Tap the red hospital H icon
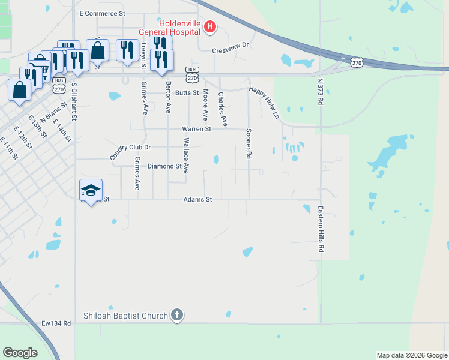point(209,26)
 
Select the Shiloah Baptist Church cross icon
point(176,314)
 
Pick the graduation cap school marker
point(91,190)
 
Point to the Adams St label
point(198,199)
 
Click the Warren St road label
point(197,129)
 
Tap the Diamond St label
point(164,166)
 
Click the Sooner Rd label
point(248,144)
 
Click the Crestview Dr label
point(231,52)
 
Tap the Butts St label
point(187,93)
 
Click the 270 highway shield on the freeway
point(357,62)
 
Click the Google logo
point(20,353)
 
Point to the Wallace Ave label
point(186,155)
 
